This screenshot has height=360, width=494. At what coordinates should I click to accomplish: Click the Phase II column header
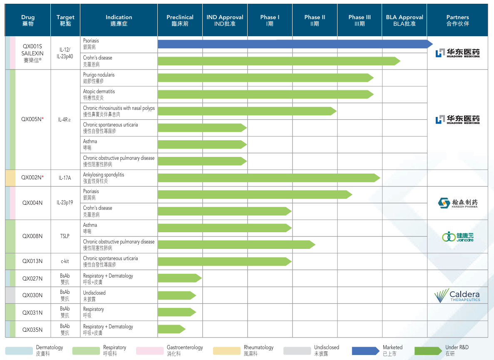[315, 20]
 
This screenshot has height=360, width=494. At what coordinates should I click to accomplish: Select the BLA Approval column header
[404, 20]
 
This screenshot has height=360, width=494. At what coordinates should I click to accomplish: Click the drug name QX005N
[32, 119]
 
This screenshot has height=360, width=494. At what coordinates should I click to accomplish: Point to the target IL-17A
[65, 178]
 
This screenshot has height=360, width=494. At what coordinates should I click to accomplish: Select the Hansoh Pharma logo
[458, 203]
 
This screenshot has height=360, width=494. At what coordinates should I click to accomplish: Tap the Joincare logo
[458, 236]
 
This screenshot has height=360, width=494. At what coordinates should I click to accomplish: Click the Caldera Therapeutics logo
[457, 295]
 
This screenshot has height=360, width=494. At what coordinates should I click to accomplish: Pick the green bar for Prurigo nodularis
[265, 78]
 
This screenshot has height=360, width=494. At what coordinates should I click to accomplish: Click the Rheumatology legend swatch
[227, 351]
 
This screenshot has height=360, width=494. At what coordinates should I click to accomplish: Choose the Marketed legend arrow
[365, 351]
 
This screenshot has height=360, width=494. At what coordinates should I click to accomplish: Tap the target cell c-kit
[65, 261]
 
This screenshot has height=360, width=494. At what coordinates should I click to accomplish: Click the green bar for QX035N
[171, 329]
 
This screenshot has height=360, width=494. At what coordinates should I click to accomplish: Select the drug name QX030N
[32, 295]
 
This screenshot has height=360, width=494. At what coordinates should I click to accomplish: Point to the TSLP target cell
[65, 236]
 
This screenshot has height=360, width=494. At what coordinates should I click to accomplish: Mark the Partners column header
[457, 20]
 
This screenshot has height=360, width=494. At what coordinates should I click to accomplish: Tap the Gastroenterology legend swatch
[150, 351]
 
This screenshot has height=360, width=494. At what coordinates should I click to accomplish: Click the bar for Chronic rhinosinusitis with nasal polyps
[247, 111]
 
